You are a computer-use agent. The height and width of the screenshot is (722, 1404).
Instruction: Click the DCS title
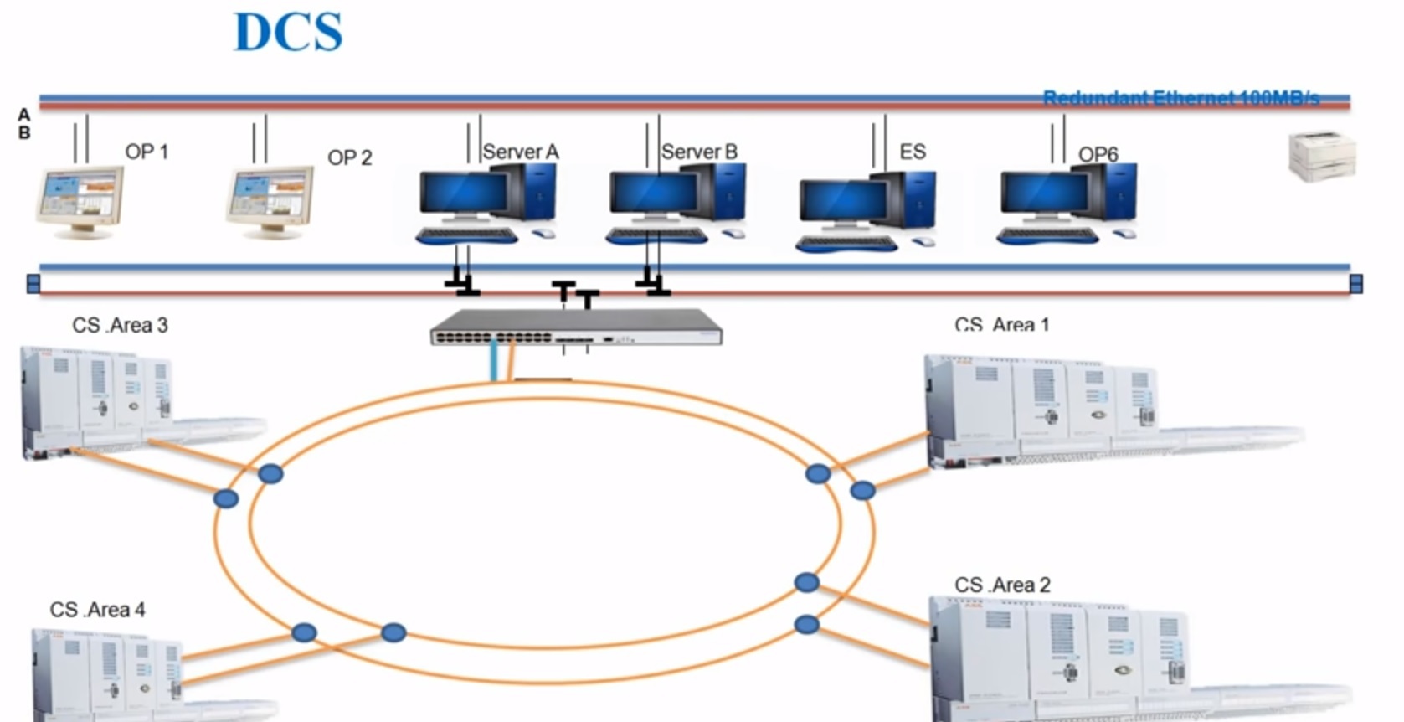pos(288,33)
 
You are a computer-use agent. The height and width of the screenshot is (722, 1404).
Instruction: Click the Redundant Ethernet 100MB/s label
pos(1180,99)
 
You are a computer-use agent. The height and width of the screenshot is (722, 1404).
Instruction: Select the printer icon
pos(1321,157)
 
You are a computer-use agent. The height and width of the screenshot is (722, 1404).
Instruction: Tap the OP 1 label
pos(147,152)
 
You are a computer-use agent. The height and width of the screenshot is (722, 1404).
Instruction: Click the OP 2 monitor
pos(270,201)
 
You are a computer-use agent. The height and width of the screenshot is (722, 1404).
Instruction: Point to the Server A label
pos(520,152)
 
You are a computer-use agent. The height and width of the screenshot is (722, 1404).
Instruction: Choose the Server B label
pos(699,152)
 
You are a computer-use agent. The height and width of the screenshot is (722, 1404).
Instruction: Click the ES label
pos(913,152)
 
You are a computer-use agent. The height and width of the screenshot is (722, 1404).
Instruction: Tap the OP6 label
pos(1098,154)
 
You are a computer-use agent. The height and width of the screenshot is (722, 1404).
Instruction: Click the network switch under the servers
pos(576,327)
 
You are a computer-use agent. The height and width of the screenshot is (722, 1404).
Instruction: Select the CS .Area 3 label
pos(120,325)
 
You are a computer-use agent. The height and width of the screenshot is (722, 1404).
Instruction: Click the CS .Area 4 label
pos(97,610)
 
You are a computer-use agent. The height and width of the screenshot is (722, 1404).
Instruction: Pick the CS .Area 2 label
pos(1002,585)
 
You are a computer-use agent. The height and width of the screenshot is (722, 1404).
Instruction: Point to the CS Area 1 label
pos(1001,324)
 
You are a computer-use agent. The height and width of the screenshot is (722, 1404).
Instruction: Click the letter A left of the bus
pos(24,115)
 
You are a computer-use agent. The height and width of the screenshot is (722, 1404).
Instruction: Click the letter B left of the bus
pos(24,132)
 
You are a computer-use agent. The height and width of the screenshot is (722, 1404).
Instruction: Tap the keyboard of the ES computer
pos(846,244)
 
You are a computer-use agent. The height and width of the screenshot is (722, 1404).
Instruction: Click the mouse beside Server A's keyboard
pos(543,233)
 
